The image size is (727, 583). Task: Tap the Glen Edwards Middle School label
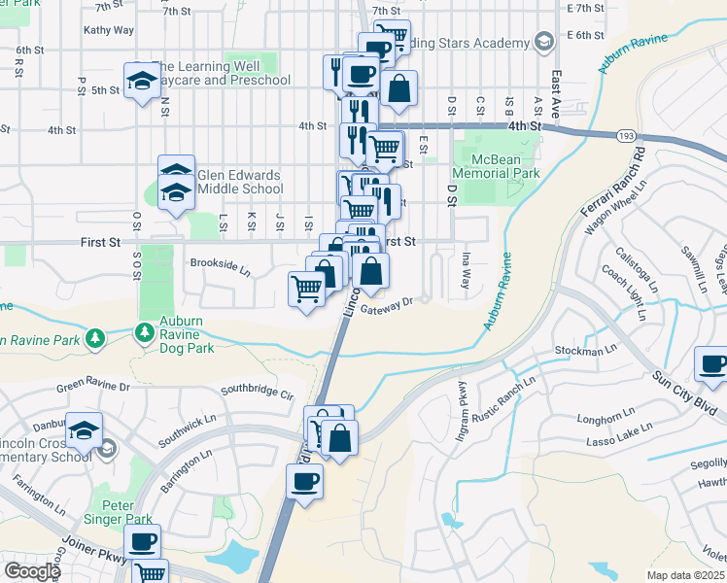(x=239, y=182)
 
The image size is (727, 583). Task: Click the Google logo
(x=31, y=571)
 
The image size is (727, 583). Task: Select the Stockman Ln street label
(x=586, y=347)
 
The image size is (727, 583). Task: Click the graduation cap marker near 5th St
(x=143, y=80)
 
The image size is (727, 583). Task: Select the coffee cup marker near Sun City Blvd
(x=713, y=365)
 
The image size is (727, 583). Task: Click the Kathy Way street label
(x=109, y=30)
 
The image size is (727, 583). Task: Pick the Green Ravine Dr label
(x=93, y=387)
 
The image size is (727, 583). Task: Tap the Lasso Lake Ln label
(x=619, y=434)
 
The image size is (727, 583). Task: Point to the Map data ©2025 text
(x=685, y=574)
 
